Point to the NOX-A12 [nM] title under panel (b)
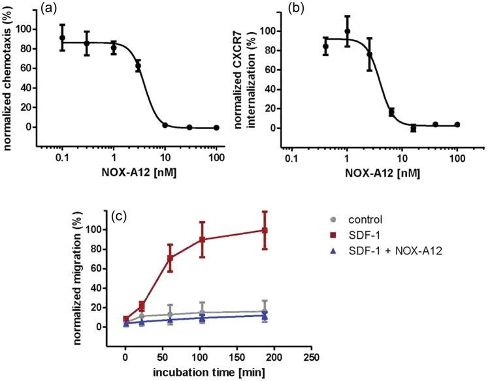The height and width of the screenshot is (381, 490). point(374,176)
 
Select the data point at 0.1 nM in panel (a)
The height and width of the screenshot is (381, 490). point(62,38)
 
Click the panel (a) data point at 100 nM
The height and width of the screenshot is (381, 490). point(216,127)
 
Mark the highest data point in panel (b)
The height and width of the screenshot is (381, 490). point(348,31)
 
